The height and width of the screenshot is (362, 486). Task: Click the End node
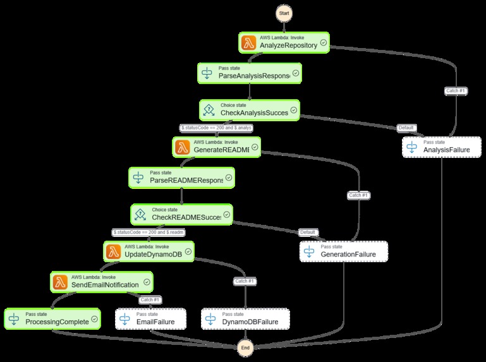[x=246, y=347]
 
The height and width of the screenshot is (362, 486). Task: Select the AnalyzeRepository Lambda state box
[x=284, y=42]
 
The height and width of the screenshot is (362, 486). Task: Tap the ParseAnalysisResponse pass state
[x=250, y=73]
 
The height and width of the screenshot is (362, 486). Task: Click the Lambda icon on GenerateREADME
[x=181, y=147]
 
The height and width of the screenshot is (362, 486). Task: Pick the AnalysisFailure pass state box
[x=442, y=147]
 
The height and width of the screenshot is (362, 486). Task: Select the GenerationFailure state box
[x=343, y=251]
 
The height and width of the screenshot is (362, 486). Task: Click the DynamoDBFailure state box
[x=245, y=318]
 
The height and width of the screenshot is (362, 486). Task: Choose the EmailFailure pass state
[x=151, y=318]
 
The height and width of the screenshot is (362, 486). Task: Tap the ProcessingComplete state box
[x=52, y=318]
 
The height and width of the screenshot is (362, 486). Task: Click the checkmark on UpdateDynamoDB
[x=187, y=252]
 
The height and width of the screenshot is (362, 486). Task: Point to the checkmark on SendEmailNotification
[x=147, y=282]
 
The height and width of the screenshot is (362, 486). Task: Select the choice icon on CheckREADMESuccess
[x=141, y=214]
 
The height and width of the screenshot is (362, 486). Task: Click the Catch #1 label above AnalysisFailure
[x=456, y=90]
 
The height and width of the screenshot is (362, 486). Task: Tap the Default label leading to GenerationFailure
[x=307, y=232]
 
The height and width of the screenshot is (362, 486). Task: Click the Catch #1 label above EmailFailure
[x=150, y=299]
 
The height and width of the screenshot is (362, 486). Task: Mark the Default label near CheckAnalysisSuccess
[x=406, y=128]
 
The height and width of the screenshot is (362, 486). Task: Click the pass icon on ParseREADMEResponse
[x=139, y=178]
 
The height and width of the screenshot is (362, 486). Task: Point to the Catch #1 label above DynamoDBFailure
[x=244, y=281]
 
